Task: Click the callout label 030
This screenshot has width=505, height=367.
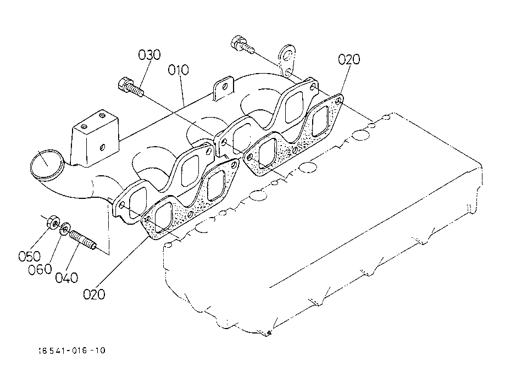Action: point(149,55)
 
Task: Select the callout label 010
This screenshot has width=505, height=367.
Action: point(179,70)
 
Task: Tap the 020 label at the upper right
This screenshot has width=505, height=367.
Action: point(349,59)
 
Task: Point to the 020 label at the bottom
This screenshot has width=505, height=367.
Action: point(94,294)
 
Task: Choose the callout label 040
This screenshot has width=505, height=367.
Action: point(66,278)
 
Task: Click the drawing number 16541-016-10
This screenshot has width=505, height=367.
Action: point(72,350)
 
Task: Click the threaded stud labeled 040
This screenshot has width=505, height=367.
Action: point(84,241)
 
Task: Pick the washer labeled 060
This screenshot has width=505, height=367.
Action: point(65,227)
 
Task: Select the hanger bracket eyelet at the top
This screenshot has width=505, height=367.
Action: point(286,57)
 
